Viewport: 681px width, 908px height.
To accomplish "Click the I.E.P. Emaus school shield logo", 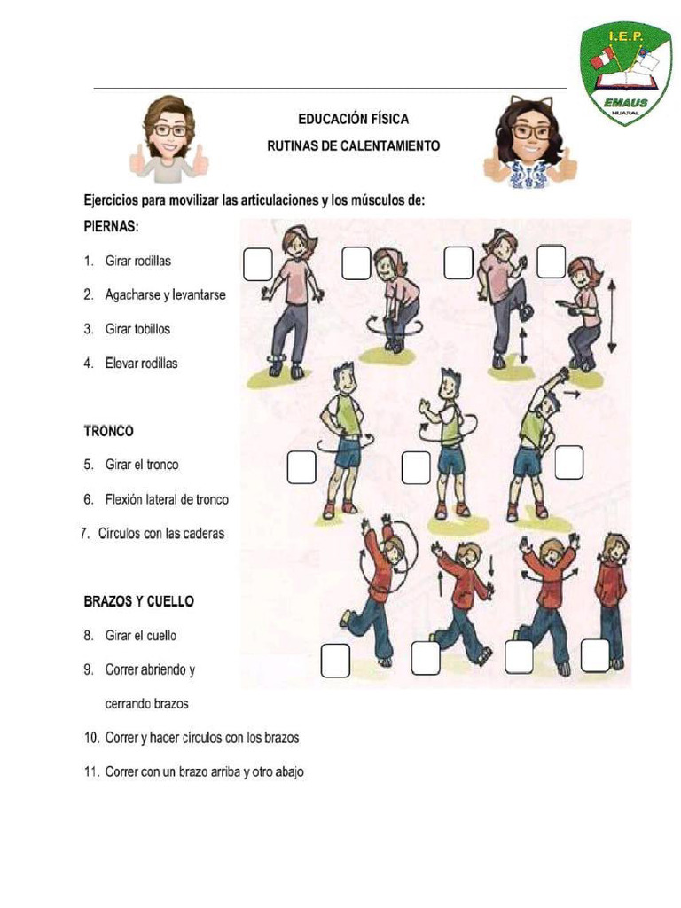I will [x=626, y=74].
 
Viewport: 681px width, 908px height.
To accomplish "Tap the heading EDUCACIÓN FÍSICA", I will [x=353, y=119].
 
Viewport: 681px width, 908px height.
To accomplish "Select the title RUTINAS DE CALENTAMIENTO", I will [x=353, y=145].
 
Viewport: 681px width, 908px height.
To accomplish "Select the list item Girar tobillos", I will [x=137, y=329].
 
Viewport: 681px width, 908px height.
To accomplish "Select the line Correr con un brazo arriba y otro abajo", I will [x=203, y=772].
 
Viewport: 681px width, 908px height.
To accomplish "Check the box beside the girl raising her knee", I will [x=458, y=263].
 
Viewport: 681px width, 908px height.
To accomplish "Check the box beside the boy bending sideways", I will [x=568, y=462].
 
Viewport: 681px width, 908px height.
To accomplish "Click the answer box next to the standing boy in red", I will [x=594, y=656].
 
